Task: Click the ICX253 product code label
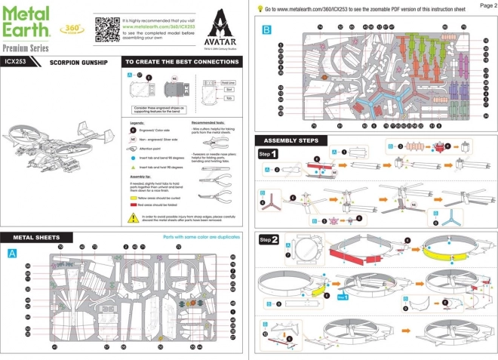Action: pos(17,62)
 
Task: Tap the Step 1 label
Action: pos(269,153)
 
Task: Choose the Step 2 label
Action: pos(269,239)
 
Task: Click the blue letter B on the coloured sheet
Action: pos(265,30)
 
